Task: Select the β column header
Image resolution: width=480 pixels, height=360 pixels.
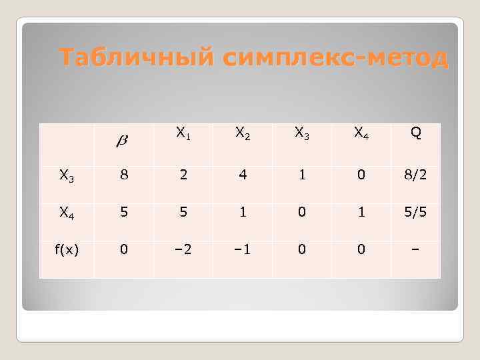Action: click(123, 140)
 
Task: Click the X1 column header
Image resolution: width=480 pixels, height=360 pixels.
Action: click(181, 133)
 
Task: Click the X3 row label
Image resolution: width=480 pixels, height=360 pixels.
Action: click(66, 176)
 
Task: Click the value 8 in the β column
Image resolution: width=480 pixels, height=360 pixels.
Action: click(123, 176)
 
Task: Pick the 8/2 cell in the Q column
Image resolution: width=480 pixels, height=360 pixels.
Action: click(415, 176)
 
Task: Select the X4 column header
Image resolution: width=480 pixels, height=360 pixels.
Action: click(361, 133)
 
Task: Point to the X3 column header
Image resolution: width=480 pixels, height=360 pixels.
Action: click(302, 133)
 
